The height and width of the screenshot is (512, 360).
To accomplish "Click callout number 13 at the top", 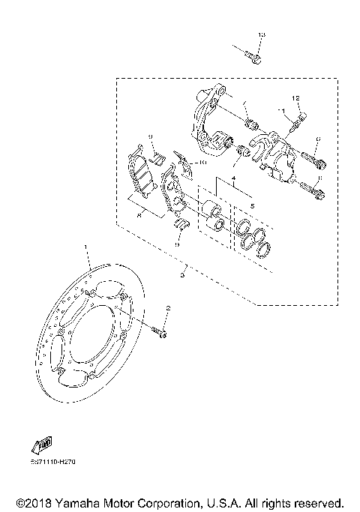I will pyautogui.click(x=261, y=36).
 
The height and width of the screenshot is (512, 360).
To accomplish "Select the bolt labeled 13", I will pyautogui.click(x=253, y=55).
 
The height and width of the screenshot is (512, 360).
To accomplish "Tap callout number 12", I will pyautogui.click(x=295, y=99).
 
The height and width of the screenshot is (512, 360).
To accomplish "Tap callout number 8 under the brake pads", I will pyautogui.click(x=139, y=214).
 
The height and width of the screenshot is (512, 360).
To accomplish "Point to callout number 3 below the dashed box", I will pyautogui.click(x=182, y=274).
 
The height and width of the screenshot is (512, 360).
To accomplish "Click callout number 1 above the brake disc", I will pyautogui.click(x=86, y=247).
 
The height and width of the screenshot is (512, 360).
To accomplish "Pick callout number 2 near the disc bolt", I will pyautogui.click(x=169, y=308).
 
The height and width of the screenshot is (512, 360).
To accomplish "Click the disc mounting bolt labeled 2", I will pyautogui.click(x=160, y=331).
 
